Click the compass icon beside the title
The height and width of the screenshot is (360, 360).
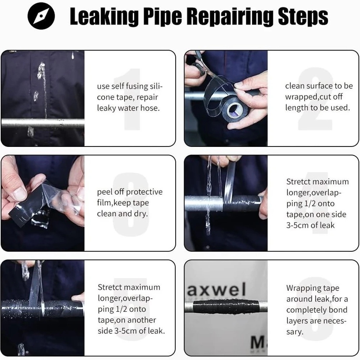click(41, 16)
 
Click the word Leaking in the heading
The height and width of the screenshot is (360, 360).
click(104, 16)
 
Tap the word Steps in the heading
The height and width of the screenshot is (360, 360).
click(303, 16)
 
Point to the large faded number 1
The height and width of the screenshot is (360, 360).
click(130, 99)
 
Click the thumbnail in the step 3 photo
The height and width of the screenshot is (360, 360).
click(19, 193)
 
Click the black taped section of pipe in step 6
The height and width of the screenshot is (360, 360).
click(226, 307)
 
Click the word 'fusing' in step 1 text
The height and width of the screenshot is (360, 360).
click(137, 86)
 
